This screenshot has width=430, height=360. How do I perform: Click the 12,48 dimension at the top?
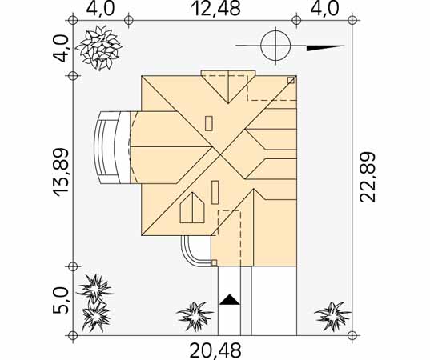tap(217, 9)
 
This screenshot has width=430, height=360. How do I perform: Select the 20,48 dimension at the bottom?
tap(215, 350)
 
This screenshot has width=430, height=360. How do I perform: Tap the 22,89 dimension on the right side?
tap(368, 178)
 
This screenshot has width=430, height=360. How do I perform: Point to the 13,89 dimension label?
tap(60, 173)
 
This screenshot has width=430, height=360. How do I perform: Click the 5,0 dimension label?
tap(60, 301)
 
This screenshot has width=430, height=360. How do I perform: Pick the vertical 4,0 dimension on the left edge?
tap(60, 49)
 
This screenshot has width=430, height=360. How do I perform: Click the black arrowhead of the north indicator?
tap(325, 48)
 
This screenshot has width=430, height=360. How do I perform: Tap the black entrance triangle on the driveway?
tap(230, 300)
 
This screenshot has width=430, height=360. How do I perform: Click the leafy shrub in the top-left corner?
tap(99, 47)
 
